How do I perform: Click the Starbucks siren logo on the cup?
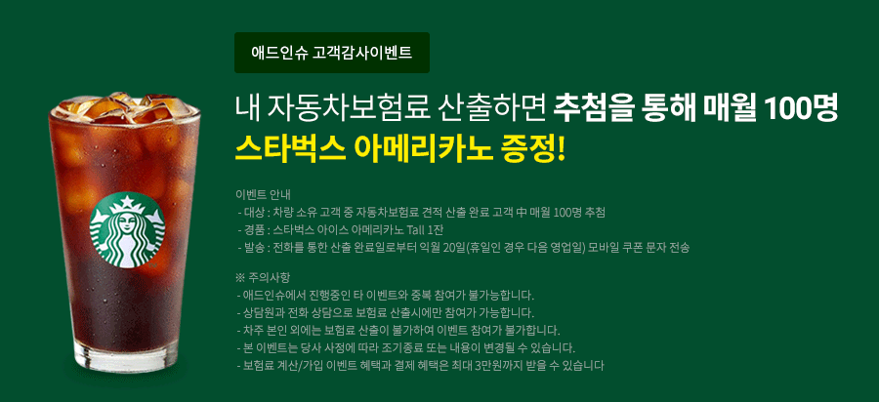coord(127,230)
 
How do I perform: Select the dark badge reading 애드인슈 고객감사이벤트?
coord(332,53)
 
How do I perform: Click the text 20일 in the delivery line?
coord(453,248)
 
